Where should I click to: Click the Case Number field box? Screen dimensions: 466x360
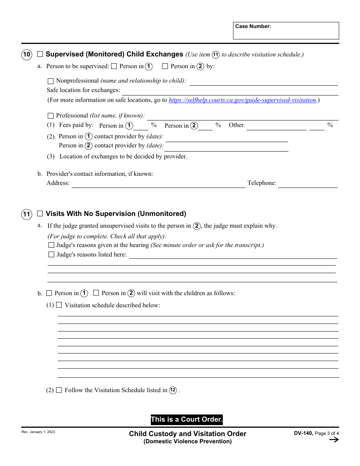[286, 31]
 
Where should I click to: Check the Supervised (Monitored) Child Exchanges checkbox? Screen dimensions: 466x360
[40, 54]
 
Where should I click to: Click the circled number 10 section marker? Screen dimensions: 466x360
[26, 55]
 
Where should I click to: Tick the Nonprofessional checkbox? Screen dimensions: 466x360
[51, 81]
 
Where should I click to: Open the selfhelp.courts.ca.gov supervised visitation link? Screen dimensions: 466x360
[243, 100]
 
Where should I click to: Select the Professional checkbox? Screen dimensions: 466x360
[51, 116]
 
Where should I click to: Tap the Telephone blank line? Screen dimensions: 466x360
[308, 184]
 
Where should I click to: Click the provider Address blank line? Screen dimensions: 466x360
[158, 184]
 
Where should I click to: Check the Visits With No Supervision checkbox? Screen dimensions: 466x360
[40, 214]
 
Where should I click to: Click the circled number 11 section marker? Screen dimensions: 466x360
[26, 214]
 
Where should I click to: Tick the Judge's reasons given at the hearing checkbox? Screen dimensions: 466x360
[52, 245]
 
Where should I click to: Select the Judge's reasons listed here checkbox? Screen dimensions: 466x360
[52, 255]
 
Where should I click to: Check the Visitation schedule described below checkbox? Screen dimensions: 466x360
[59, 305]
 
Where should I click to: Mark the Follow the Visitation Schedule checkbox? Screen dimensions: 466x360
[59, 390]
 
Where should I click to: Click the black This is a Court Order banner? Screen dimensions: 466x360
[187, 419]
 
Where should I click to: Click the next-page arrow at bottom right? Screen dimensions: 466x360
[333, 440]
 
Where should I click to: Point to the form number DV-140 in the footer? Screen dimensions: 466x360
[303, 433]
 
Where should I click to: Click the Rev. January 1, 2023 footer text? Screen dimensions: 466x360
[38, 432]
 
